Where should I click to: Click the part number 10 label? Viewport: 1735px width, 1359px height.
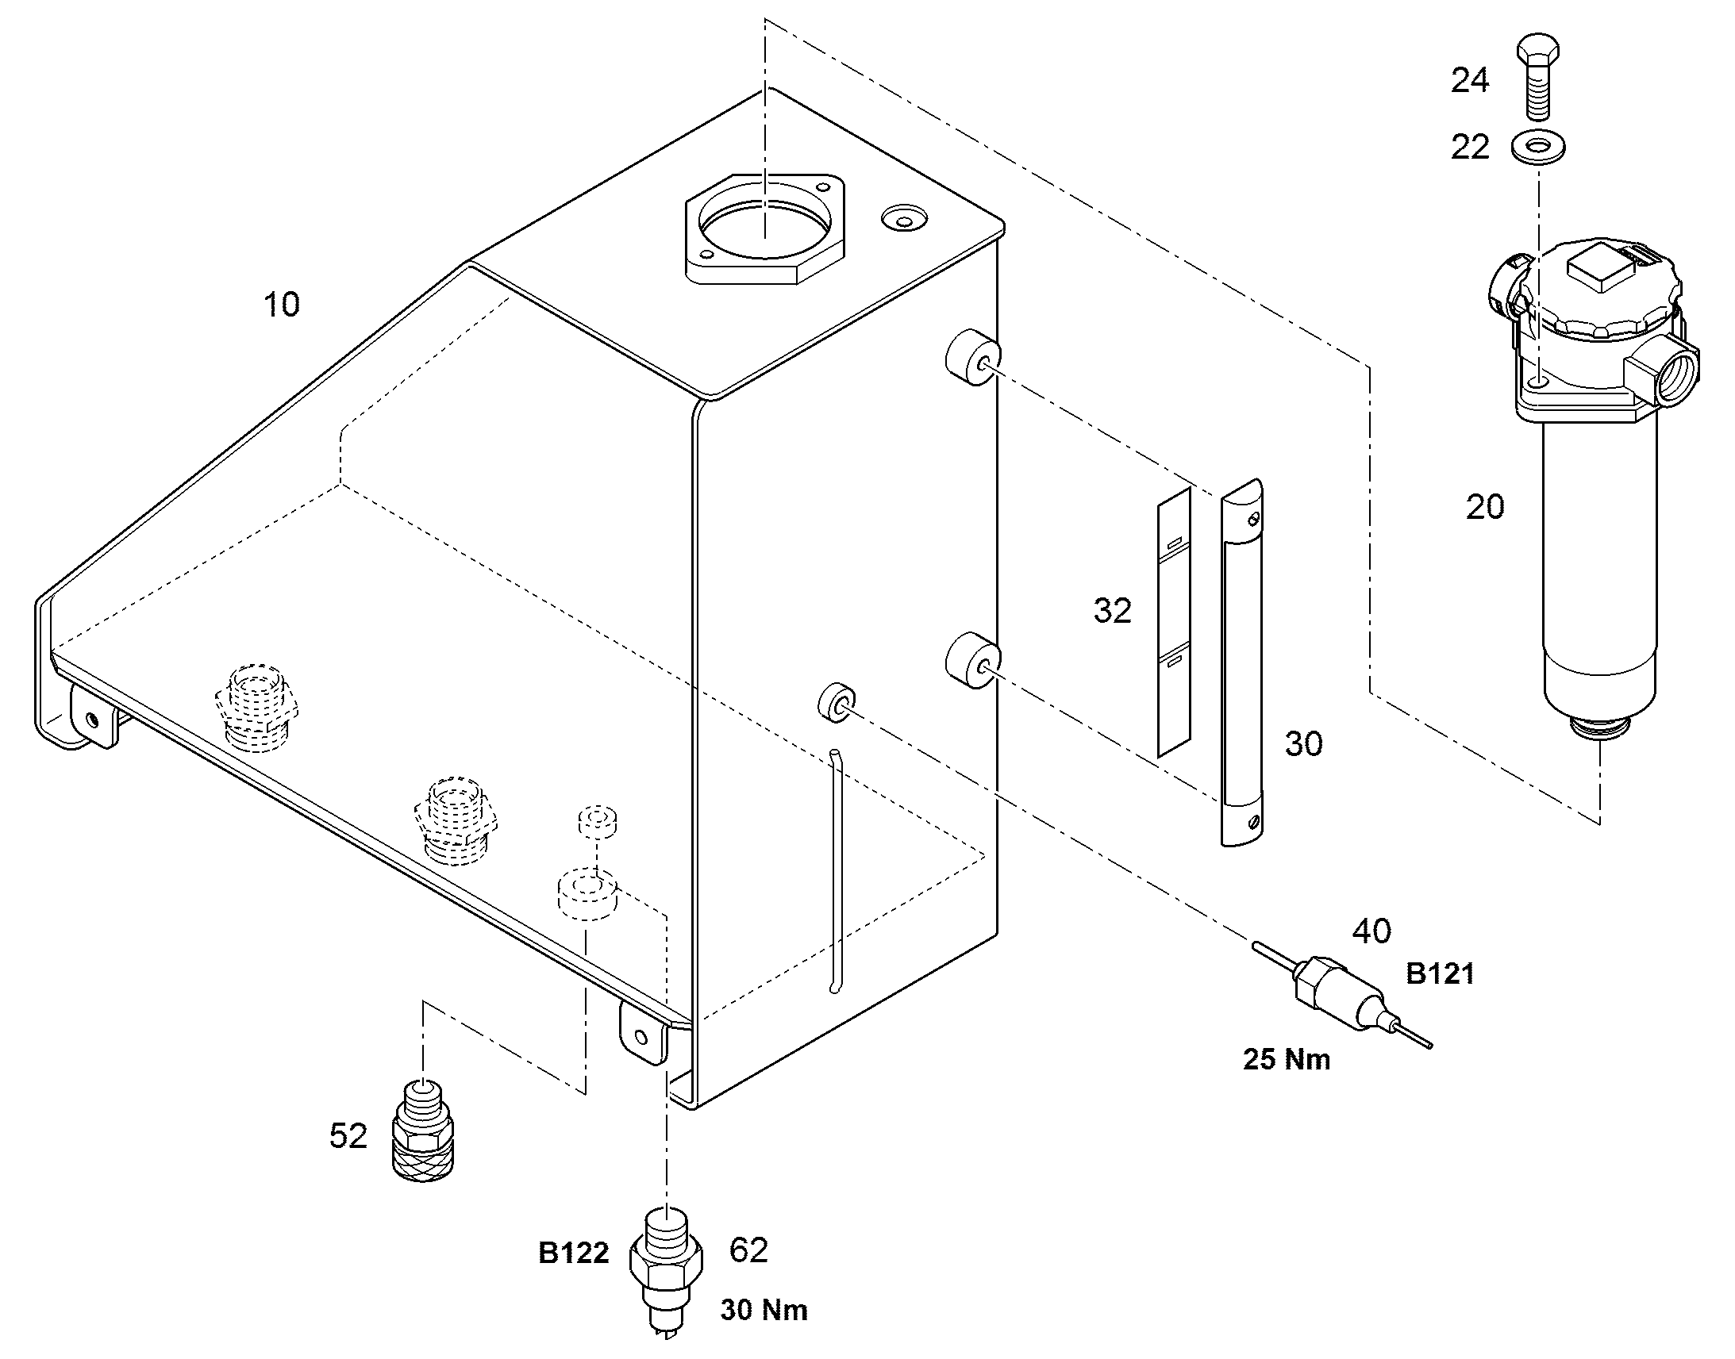(282, 305)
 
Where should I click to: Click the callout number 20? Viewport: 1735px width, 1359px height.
(1485, 507)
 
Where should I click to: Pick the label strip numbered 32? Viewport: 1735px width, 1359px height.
(1174, 621)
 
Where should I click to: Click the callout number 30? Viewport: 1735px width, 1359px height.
(1304, 744)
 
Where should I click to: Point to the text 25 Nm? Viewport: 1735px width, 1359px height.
(1287, 1060)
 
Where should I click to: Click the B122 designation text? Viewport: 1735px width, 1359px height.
(574, 1253)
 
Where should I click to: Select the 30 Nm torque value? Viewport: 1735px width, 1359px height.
(764, 1310)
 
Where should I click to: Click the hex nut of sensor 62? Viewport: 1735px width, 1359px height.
(666, 1261)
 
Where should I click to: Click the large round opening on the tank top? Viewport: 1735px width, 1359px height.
(765, 224)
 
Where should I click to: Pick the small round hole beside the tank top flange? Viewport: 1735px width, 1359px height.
(902, 217)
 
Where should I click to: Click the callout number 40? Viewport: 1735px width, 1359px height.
(1372, 931)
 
